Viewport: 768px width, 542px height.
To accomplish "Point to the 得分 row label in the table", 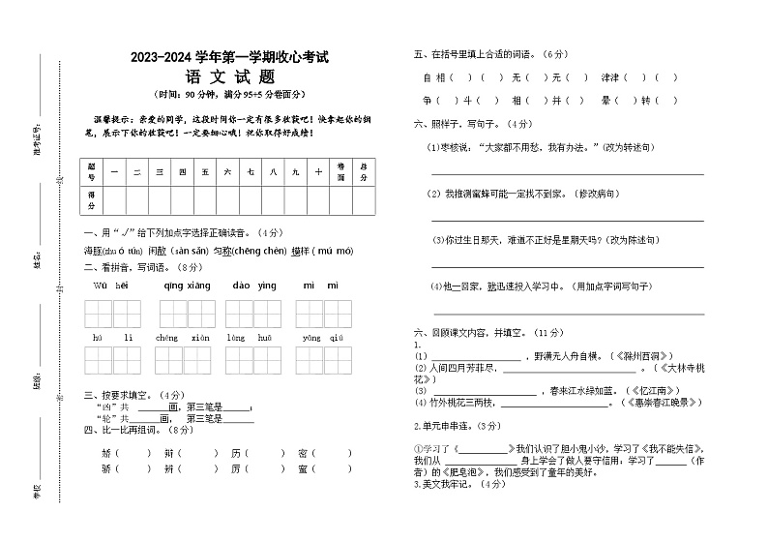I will point(91,200).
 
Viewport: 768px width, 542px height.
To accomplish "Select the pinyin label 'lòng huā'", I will point(255,339).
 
